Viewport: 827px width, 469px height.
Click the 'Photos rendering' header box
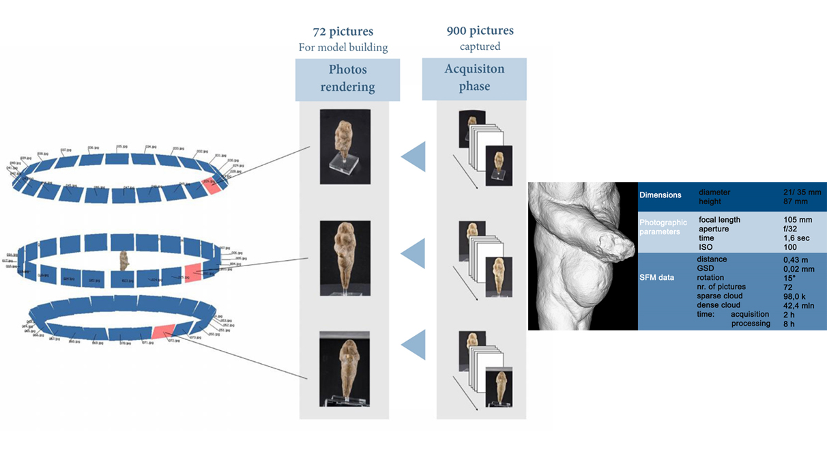(347, 79)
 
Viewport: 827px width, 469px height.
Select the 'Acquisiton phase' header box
(474, 78)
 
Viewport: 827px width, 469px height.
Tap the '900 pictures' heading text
(480, 31)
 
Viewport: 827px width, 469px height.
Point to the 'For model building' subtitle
(343, 48)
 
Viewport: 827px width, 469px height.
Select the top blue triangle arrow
(413, 157)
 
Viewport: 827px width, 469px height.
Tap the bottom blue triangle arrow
(413, 345)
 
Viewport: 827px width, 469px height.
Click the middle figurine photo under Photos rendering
(345, 258)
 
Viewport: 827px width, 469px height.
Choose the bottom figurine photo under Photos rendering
(345, 369)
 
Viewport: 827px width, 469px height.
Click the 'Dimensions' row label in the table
(660, 195)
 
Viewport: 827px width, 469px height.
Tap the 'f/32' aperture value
(791, 229)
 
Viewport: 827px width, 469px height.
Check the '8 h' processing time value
(789, 324)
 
